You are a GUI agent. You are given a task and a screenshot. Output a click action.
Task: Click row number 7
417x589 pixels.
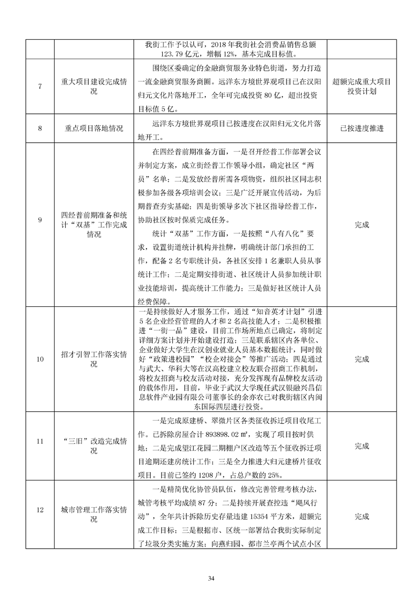[x=40, y=87]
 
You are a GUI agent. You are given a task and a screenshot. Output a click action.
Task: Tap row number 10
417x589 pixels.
[x=40, y=359]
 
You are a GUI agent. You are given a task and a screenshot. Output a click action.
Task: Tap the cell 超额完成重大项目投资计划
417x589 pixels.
[x=362, y=87]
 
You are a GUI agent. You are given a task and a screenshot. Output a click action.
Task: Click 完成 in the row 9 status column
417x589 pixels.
[x=362, y=224]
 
